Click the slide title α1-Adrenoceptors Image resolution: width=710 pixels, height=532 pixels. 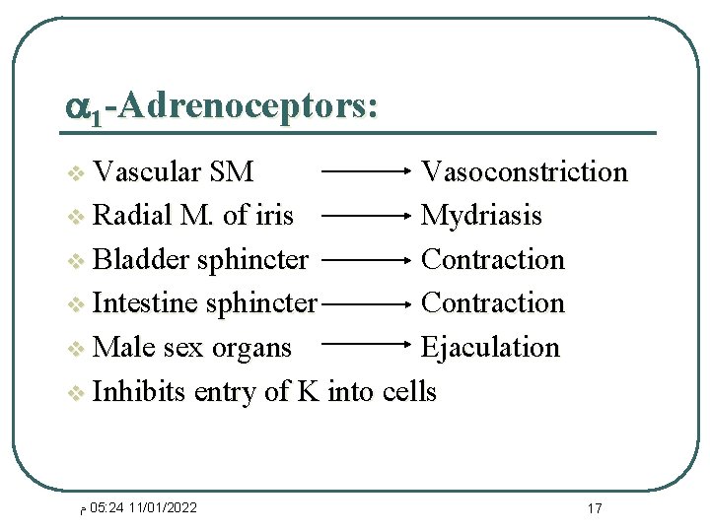pyautogui.click(x=221, y=105)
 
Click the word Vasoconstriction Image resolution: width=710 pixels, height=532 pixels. pyautogui.click(x=524, y=172)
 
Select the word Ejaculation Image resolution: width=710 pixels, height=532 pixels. pyautogui.click(x=490, y=348)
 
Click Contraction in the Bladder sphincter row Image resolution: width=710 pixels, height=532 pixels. pyautogui.click(x=492, y=260)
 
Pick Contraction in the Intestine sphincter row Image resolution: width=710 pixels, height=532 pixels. pyautogui.click(x=492, y=303)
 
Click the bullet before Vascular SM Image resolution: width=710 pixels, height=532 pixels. pyautogui.click(x=76, y=174)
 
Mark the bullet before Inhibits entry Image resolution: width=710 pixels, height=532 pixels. pyautogui.click(x=76, y=394)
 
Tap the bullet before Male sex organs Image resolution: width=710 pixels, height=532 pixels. pyautogui.click(x=76, y=350)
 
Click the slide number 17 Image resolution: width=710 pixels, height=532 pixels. pyautogui.click(x=594, y=508)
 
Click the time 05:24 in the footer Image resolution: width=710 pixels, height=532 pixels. pyautogui.click(x=106, y=507)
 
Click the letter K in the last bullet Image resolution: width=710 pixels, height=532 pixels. pyautogui.click(x=308, y=392)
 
